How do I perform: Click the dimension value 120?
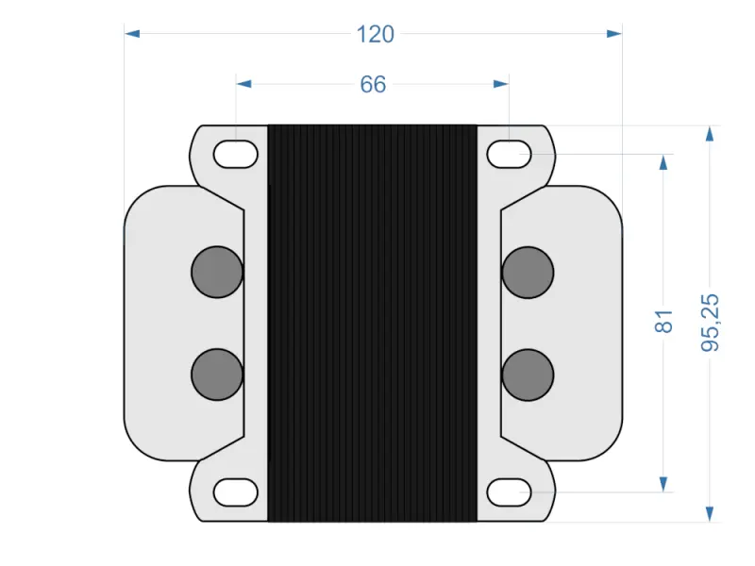[375, 34]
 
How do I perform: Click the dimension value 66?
[373, 84]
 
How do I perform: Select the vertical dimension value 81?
[664, 321]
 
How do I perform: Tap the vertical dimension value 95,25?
[711, 323]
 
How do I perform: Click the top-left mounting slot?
[236, 153]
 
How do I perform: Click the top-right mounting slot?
[509, 153]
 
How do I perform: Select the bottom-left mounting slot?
[236, 491]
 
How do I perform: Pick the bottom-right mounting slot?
[509, 491]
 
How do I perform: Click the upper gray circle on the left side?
[217, 272]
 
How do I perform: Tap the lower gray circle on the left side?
[217, 375]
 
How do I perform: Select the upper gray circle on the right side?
[528, 272]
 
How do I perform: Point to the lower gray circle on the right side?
[528, 375]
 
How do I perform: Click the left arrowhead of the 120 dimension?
[132, 34]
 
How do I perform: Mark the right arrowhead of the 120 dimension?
[614, 34]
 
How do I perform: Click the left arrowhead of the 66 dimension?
[243, 84]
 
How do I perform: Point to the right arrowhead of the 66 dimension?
[501, 84]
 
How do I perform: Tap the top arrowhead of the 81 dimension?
[664, 161]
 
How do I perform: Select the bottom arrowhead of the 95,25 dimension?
[710, 514]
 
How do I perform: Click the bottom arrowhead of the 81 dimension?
[664, 483]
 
